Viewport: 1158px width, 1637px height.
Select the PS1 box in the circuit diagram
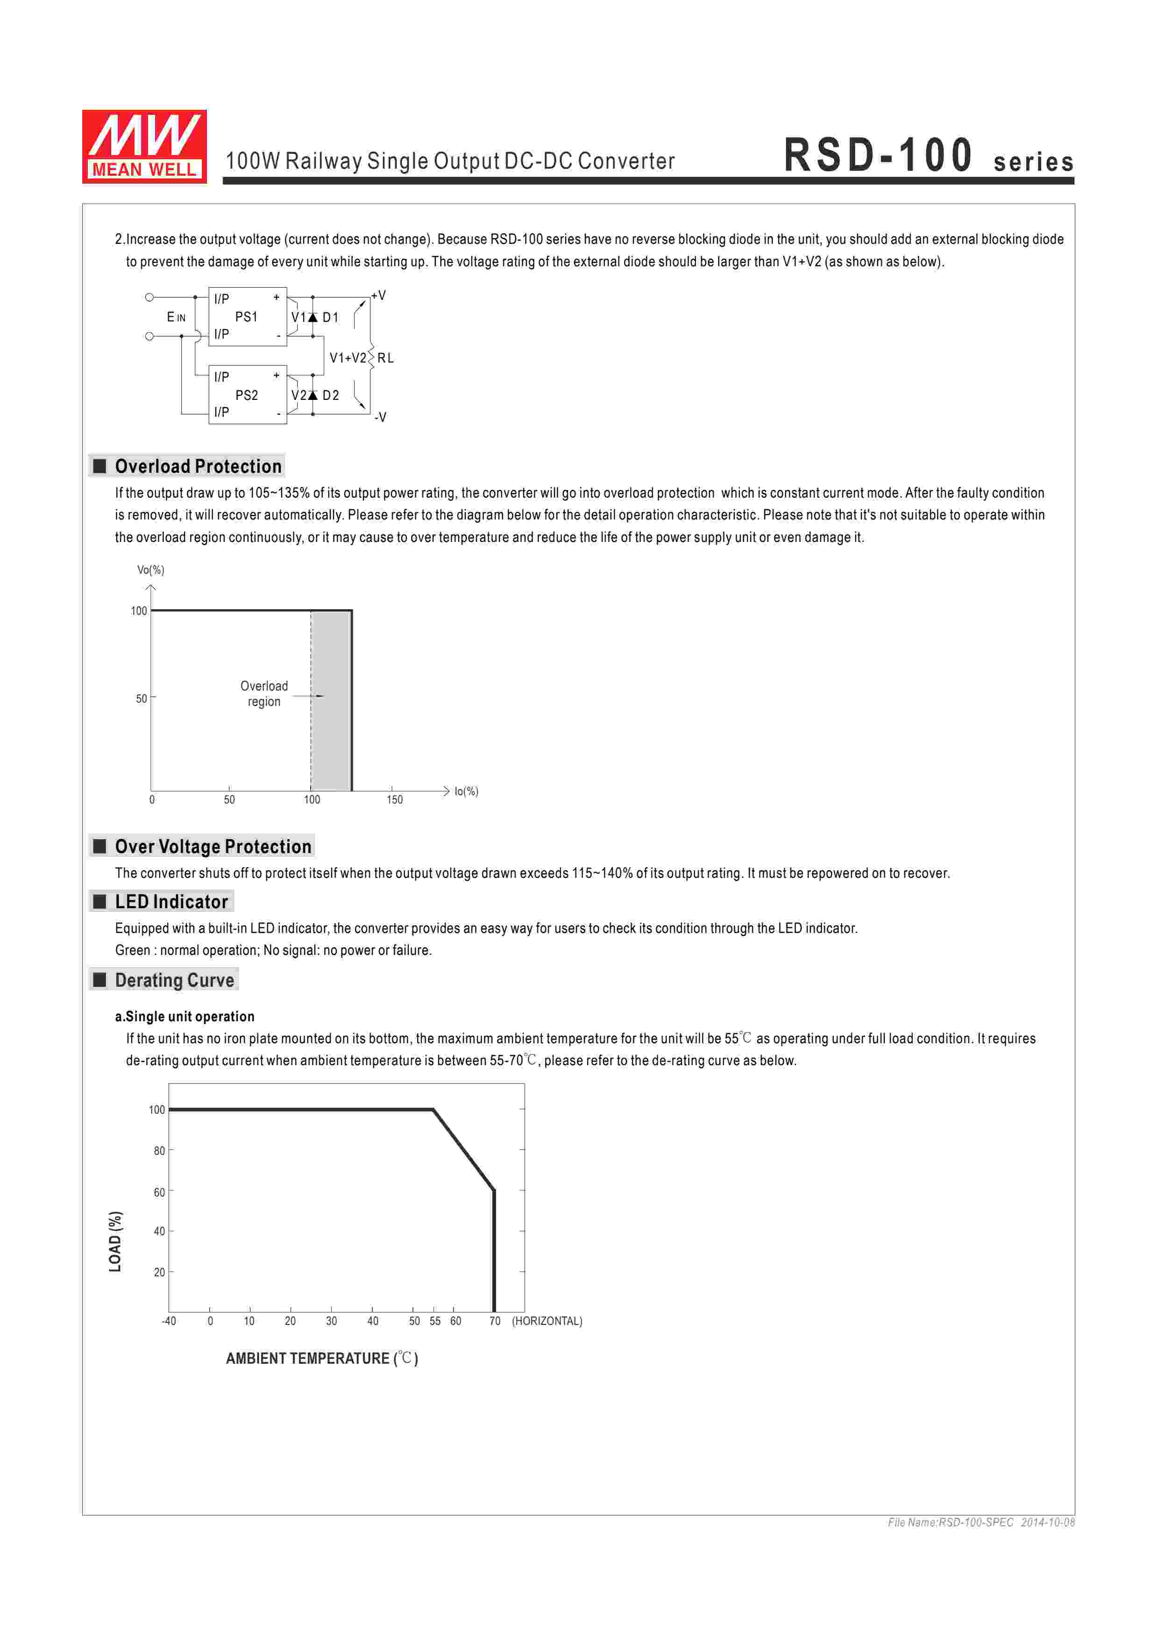tap(247, 317)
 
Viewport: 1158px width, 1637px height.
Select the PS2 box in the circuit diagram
tap(247, 395)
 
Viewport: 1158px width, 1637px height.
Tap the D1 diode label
tap(330, 317)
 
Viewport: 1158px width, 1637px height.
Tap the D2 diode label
tap(330, 395)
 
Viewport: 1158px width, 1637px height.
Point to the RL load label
tap(386, 358)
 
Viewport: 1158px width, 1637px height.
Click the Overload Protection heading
tap(198, 466)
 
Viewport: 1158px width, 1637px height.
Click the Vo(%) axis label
tap(150, 569)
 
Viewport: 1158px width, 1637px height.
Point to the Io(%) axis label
tap(466, 790)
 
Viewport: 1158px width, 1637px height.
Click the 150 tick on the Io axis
tap(394, 800)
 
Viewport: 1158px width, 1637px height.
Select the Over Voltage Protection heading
tap(213, 847)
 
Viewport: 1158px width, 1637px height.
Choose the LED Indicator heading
tap(171, 902)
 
